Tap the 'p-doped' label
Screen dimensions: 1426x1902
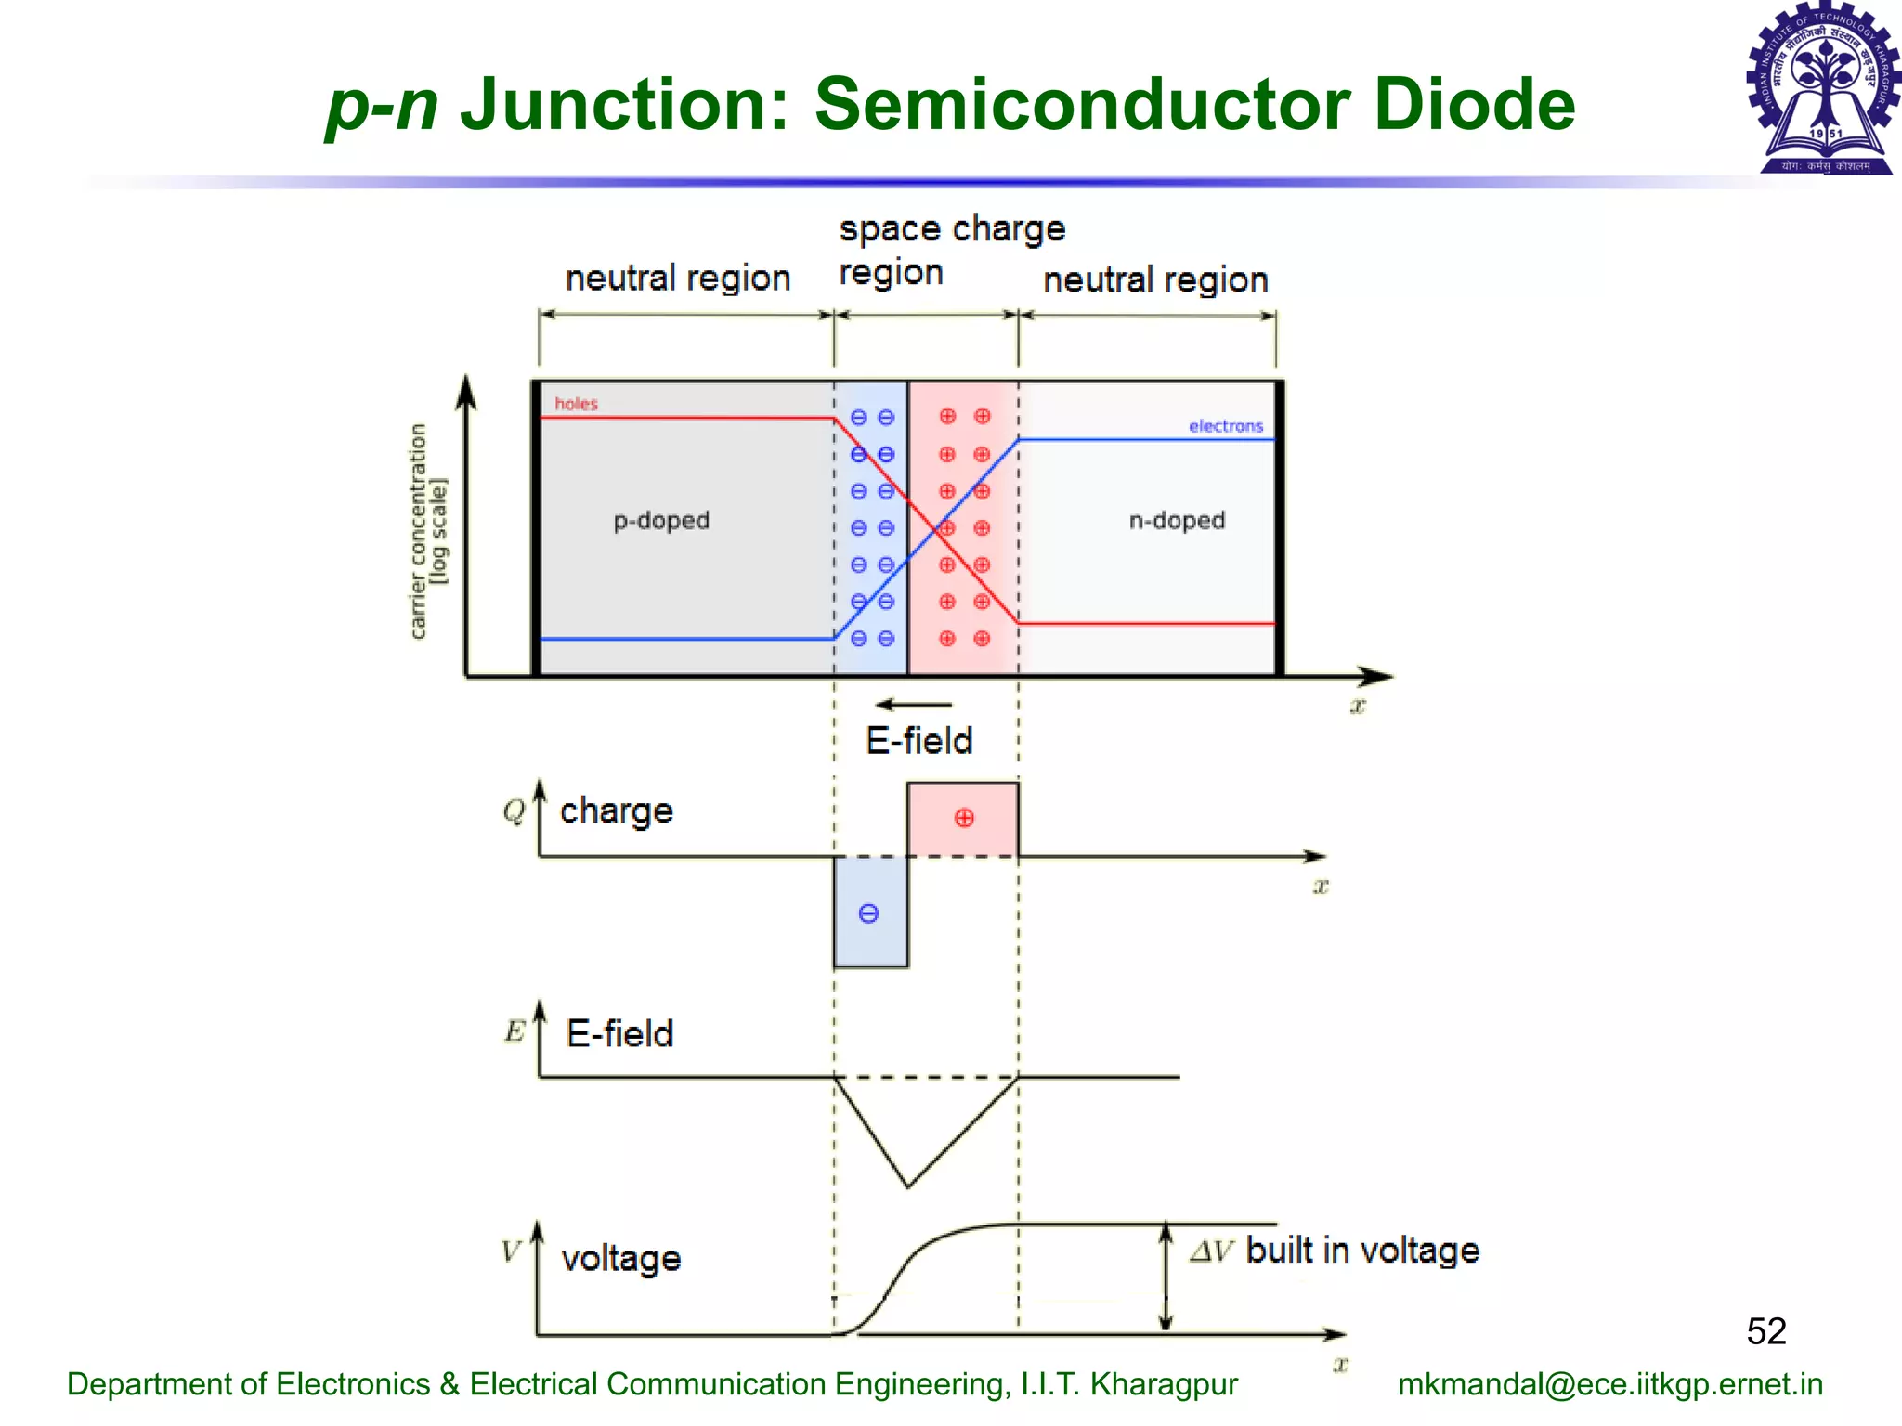661,521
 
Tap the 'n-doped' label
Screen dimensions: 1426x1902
1177,521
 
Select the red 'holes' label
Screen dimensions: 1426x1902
576,404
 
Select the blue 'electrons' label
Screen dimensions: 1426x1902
1226,426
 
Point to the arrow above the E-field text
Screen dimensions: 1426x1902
914,705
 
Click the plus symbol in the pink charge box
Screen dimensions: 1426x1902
964,818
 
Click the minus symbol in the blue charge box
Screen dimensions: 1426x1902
868,914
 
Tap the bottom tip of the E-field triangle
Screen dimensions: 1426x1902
908,1186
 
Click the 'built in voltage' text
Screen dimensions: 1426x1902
1361,1251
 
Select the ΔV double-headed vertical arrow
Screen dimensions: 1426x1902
1166,1277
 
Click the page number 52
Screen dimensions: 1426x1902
1765,1331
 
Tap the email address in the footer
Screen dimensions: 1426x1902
1610,1384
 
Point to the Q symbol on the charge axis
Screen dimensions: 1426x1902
514,811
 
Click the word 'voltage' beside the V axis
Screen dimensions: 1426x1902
621,1258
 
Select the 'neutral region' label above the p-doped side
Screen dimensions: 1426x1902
678,279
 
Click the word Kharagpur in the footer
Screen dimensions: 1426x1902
1164,1384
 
